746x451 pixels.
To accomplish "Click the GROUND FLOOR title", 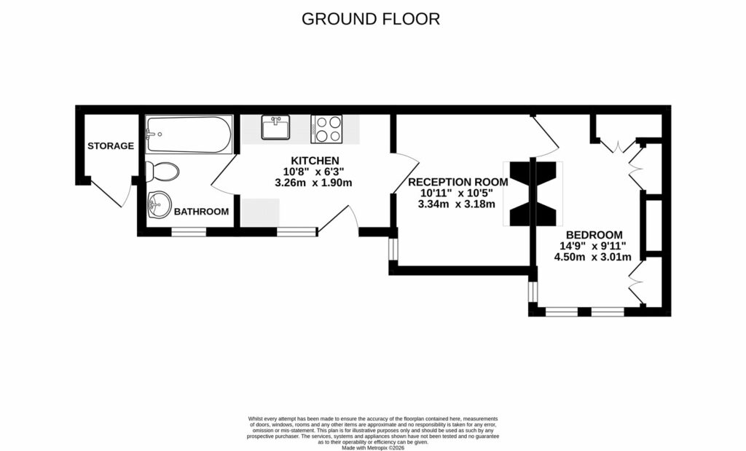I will coord(371,19).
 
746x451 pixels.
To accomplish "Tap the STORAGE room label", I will coord(111,145).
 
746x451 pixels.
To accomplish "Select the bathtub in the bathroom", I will coord(188,135).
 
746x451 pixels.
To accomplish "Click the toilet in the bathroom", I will coord(162,172).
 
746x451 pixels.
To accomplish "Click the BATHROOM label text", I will coord(201,212).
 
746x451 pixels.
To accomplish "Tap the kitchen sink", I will coord(276,128).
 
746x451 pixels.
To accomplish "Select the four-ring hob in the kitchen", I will coord(326,128).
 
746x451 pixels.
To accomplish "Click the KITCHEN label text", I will coord(315,160).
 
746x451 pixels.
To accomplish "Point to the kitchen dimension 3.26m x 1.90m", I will coord(313,183).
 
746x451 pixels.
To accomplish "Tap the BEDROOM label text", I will coord(594,234).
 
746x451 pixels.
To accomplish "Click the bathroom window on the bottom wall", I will coord(189,232).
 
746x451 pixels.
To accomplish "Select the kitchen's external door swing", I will coord(337,218).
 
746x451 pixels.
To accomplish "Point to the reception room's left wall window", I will coord(393,250).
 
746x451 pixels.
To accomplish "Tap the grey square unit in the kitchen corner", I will coord(260,212).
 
